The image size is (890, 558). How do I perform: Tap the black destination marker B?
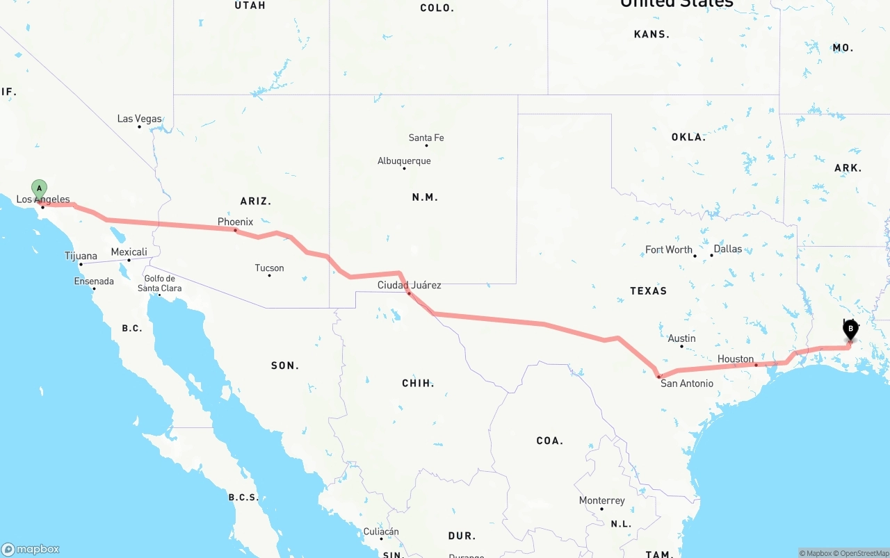850,329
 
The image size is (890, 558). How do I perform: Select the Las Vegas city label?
139,119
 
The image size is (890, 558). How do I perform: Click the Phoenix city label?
235,222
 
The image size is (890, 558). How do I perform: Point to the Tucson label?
269,268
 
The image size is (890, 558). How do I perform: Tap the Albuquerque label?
404,161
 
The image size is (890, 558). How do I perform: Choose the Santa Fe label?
426,138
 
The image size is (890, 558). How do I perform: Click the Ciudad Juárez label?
409,285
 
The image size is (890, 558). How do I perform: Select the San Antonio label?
686,383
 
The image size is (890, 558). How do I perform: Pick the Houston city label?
736,359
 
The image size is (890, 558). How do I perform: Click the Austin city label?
681,338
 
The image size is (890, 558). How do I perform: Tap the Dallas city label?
727,249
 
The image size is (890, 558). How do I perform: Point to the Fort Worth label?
669,249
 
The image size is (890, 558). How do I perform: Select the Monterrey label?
601,500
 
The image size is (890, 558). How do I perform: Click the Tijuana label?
81,256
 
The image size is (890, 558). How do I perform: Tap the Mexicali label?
129,252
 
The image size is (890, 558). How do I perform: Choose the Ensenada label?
94,281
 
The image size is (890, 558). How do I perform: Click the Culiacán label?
381,532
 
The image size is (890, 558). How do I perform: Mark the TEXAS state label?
648,290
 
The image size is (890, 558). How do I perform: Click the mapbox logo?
31,549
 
